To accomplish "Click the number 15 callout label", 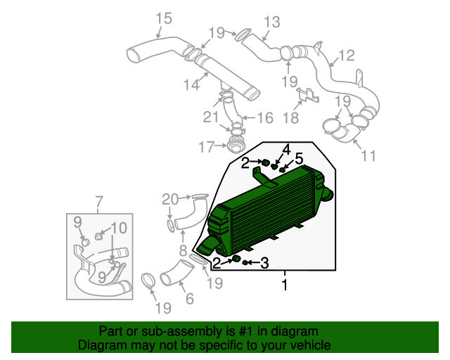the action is (164, 18).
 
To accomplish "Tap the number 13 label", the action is (272, 22).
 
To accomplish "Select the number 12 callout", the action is (347, 56).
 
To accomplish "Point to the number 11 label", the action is (368, 156).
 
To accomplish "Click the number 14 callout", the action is (191, 84).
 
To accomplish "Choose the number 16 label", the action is (265, 118).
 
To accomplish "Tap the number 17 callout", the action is (206, 147).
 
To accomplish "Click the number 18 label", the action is (290, 117).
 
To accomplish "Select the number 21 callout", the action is (211, 117).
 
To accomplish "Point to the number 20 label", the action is (170, 199).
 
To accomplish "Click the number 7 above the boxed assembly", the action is (98, 202).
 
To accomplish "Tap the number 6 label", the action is (190, 299).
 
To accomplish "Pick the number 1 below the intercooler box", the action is (285, 285).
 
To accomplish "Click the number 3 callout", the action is (264, 263).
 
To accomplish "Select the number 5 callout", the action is (298, 158).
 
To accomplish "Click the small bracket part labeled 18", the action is (308, 96).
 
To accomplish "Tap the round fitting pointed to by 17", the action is (234, 146).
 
